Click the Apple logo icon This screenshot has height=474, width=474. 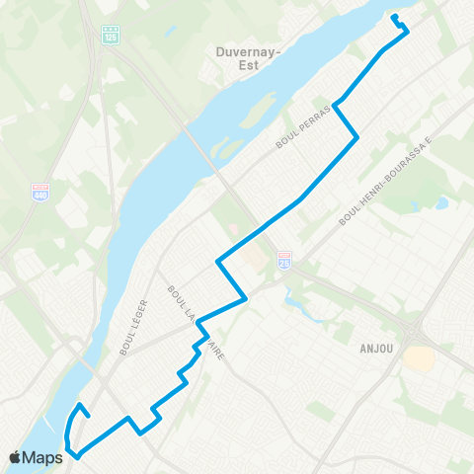point(17,457)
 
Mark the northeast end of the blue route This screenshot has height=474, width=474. point(394,18)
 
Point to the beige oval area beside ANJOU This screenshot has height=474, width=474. point(420,357)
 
